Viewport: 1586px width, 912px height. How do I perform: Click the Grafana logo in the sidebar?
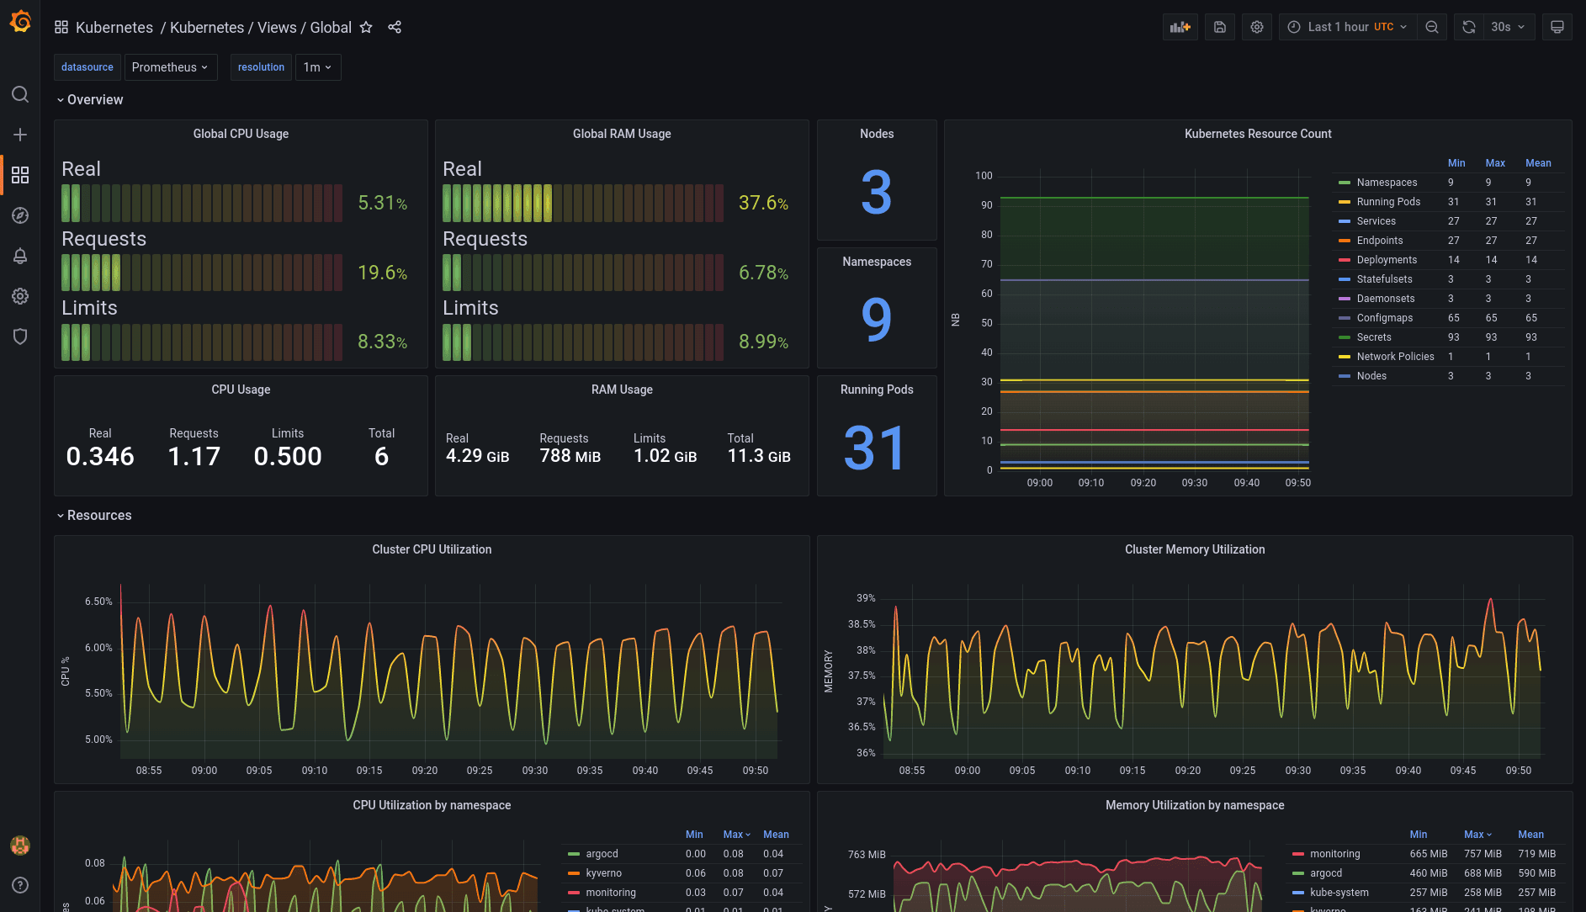coord(20,22)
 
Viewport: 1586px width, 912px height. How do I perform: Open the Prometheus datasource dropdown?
coord(170,67)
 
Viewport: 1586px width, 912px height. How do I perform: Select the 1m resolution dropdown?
coord(317,67)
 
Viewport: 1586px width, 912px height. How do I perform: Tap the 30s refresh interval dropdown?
coord(1507,27)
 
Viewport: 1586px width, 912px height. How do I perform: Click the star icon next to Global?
coord(366,27)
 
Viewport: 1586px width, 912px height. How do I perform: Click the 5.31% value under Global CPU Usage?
coord(382,203)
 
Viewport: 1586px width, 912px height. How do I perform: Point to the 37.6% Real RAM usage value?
coord(762,203)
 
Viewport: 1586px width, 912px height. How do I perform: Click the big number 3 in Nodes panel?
coord(876,192)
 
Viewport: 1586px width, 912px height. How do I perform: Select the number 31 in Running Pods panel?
coord(876,448)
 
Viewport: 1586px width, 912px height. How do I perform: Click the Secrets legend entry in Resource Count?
coord(1373,337)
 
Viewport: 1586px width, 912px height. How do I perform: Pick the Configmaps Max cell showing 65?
coord(1491,318)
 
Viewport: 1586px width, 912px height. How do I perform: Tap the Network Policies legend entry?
coord(1394,357)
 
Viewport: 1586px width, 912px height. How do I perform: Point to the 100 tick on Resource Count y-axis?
coord(984,176)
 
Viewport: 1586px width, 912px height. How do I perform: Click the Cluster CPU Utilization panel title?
coord(432,549)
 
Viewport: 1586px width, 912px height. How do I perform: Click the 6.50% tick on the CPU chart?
coord(98,602)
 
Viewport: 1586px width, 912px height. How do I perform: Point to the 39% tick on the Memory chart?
coord(866,598)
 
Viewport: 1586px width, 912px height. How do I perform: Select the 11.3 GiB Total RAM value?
coord(758,456)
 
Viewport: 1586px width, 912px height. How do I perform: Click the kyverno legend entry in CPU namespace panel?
coord(603,873)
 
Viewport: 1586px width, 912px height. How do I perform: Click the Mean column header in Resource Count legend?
coord(1537,163)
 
